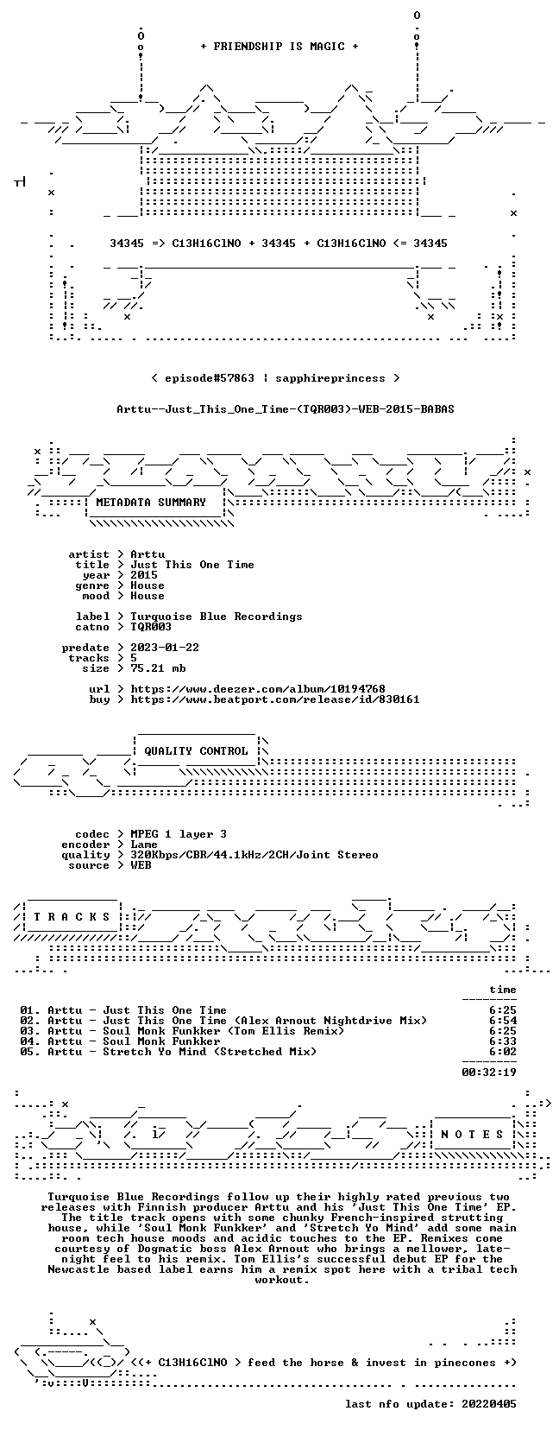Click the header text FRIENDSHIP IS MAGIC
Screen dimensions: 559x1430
coord(279,47)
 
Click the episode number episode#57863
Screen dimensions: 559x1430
coord(209,378)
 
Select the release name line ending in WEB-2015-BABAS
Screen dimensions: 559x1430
coord(286,409)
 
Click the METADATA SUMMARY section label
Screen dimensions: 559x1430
coord(151,503)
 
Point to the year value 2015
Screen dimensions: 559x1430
coord(144,575)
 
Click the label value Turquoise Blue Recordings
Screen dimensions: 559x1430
coord(216,617)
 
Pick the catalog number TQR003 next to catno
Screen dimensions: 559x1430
coord(151,627)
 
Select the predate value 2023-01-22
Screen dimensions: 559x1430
coord(165,648)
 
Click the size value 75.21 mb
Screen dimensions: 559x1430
coord(158,668)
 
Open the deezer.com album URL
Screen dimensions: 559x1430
coord(258,689)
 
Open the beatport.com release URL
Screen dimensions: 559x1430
coord(274,699)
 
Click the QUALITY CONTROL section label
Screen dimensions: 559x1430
coord(196,751)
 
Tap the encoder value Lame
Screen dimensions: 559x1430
coord(144,845)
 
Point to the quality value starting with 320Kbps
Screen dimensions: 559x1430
coord(254,855)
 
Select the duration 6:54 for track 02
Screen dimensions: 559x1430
coord(503,1021)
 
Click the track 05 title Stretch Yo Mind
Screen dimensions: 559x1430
coord(154,1052)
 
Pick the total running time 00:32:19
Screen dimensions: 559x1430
coord(489,1072)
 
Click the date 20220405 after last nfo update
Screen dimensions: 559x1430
coord(489,1404)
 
